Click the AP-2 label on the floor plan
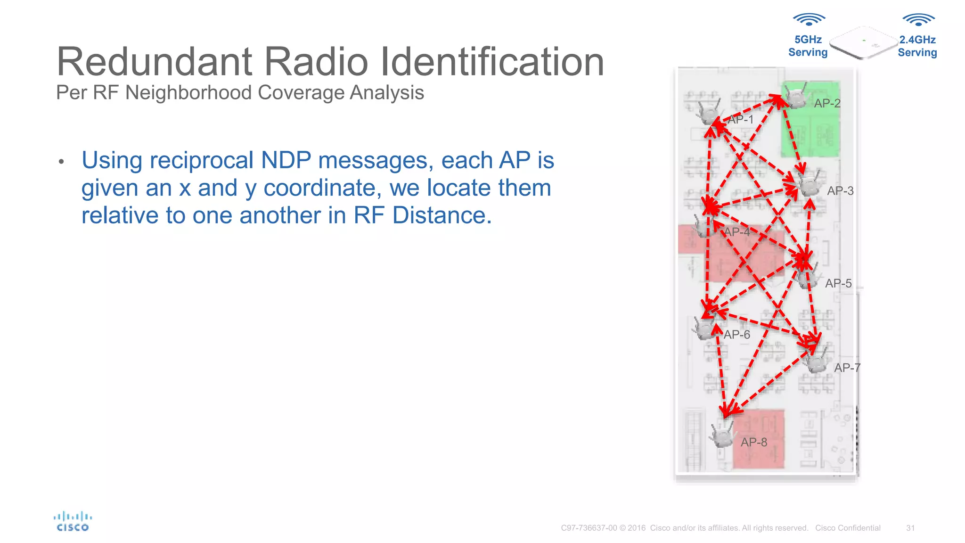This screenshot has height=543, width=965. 827,103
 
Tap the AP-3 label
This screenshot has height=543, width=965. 840,191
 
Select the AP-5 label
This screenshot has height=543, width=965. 838,283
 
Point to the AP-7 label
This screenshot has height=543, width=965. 847,368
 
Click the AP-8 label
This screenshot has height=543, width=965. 754,442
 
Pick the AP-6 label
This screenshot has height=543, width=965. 736,335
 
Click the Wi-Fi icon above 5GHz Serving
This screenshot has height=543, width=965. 809,20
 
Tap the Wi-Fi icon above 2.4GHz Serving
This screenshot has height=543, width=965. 918,20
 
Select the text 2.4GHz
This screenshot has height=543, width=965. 917,40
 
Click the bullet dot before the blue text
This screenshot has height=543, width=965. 61,162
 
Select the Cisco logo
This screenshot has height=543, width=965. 73,522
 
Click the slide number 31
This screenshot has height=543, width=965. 910,528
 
